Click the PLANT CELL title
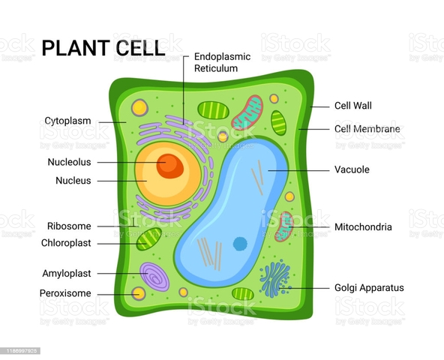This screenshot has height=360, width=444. [x=103, y=48]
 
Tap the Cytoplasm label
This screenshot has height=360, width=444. [x=67, y=120]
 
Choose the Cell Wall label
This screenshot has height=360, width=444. [x=352, y=106]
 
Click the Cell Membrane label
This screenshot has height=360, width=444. [x=367, y=129]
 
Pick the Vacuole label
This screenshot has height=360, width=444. [x=352, y=169]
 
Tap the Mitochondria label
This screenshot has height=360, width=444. [x=363, y=226]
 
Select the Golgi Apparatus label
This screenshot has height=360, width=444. [x=369, y=287]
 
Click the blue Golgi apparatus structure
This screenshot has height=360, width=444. [x=274, y=278]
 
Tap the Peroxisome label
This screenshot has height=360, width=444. [x=65, y=293]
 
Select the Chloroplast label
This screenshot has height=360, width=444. [x=66, y=243]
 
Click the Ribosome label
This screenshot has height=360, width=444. [x=69, y=226]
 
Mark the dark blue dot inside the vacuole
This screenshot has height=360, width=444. [x=240, y=243]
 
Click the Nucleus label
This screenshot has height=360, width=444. [x=73, y=181]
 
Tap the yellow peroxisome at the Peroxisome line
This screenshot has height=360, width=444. [x=139, y=293]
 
